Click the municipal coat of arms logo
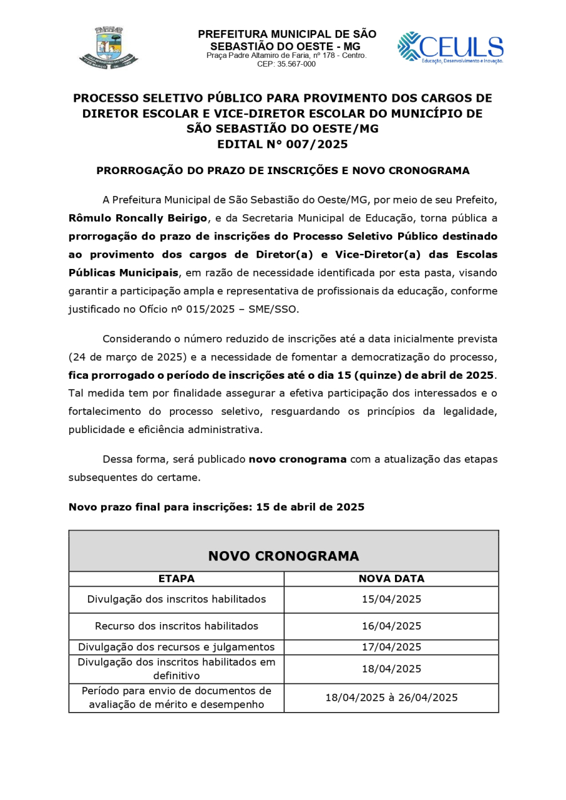[108, 47]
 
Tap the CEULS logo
[450, 48]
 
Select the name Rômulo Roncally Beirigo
[138, 218]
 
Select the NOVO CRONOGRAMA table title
[283, 556]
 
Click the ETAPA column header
[176, 579]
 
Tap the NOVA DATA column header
[391, 579]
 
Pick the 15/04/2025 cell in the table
[391, 600]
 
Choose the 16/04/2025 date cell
[391, 627]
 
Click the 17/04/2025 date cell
[391, 647]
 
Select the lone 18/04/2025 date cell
[391, 669]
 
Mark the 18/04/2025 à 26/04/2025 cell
[391, 698]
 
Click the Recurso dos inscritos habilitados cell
[176, 627]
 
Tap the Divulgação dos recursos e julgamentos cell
[176, 647]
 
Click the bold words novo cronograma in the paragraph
[297, 459]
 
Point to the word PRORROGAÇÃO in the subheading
[135, 171]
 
